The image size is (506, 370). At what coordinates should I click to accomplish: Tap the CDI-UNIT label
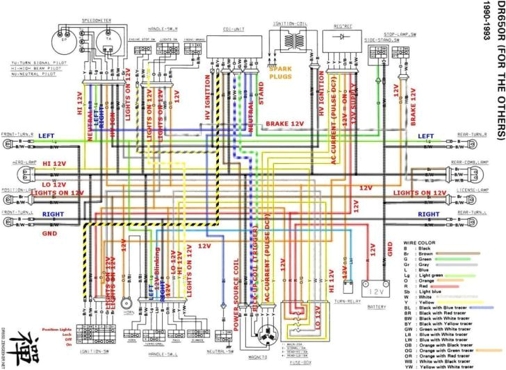[234, 28]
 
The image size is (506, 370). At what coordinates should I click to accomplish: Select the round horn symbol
[126, 303]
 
